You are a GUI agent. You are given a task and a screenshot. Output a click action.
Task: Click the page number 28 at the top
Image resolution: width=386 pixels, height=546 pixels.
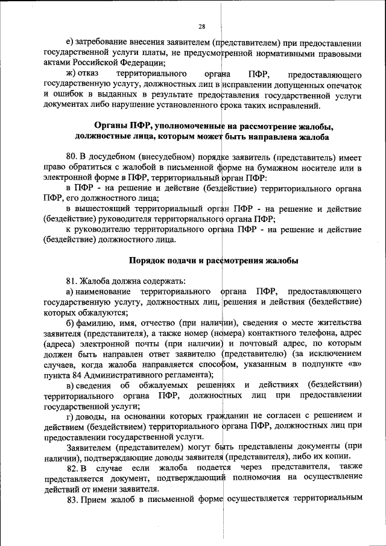point(202,26)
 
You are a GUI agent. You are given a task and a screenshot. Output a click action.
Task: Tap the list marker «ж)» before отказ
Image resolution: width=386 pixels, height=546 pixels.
point(71,74)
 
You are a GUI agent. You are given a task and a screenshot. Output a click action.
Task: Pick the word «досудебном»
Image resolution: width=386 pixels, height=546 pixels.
point(113,157)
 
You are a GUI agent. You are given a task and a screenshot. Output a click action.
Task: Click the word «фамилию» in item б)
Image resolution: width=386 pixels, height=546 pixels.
point(98,322)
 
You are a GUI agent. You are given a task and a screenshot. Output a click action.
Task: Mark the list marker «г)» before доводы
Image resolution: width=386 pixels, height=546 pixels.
point(71,415)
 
